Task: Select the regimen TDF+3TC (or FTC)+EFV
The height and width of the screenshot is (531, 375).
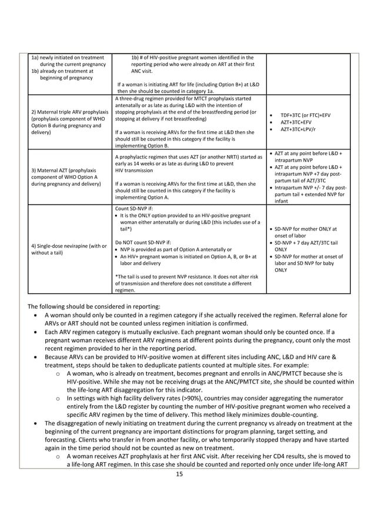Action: coord(305,115)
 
